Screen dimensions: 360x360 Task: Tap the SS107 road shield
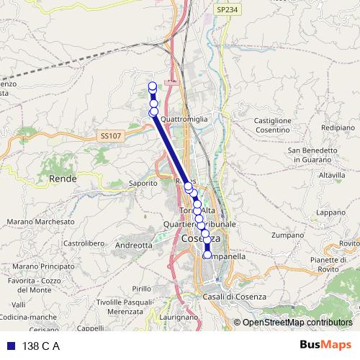tap(112, 135)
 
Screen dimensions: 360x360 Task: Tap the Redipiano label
tap(338, 126)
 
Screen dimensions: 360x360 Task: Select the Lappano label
tap(331, 212)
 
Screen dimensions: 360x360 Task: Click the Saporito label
tap(143, 184)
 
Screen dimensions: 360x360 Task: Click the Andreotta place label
tap(134, 245)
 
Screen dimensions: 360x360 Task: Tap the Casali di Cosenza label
tap(235, 297)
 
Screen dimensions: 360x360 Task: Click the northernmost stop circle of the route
tap(153, 87)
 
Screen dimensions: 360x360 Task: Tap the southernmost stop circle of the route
tap(207, 254)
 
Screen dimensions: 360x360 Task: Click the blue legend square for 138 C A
tap(10, 346)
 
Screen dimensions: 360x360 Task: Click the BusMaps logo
tap(325, 346)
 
